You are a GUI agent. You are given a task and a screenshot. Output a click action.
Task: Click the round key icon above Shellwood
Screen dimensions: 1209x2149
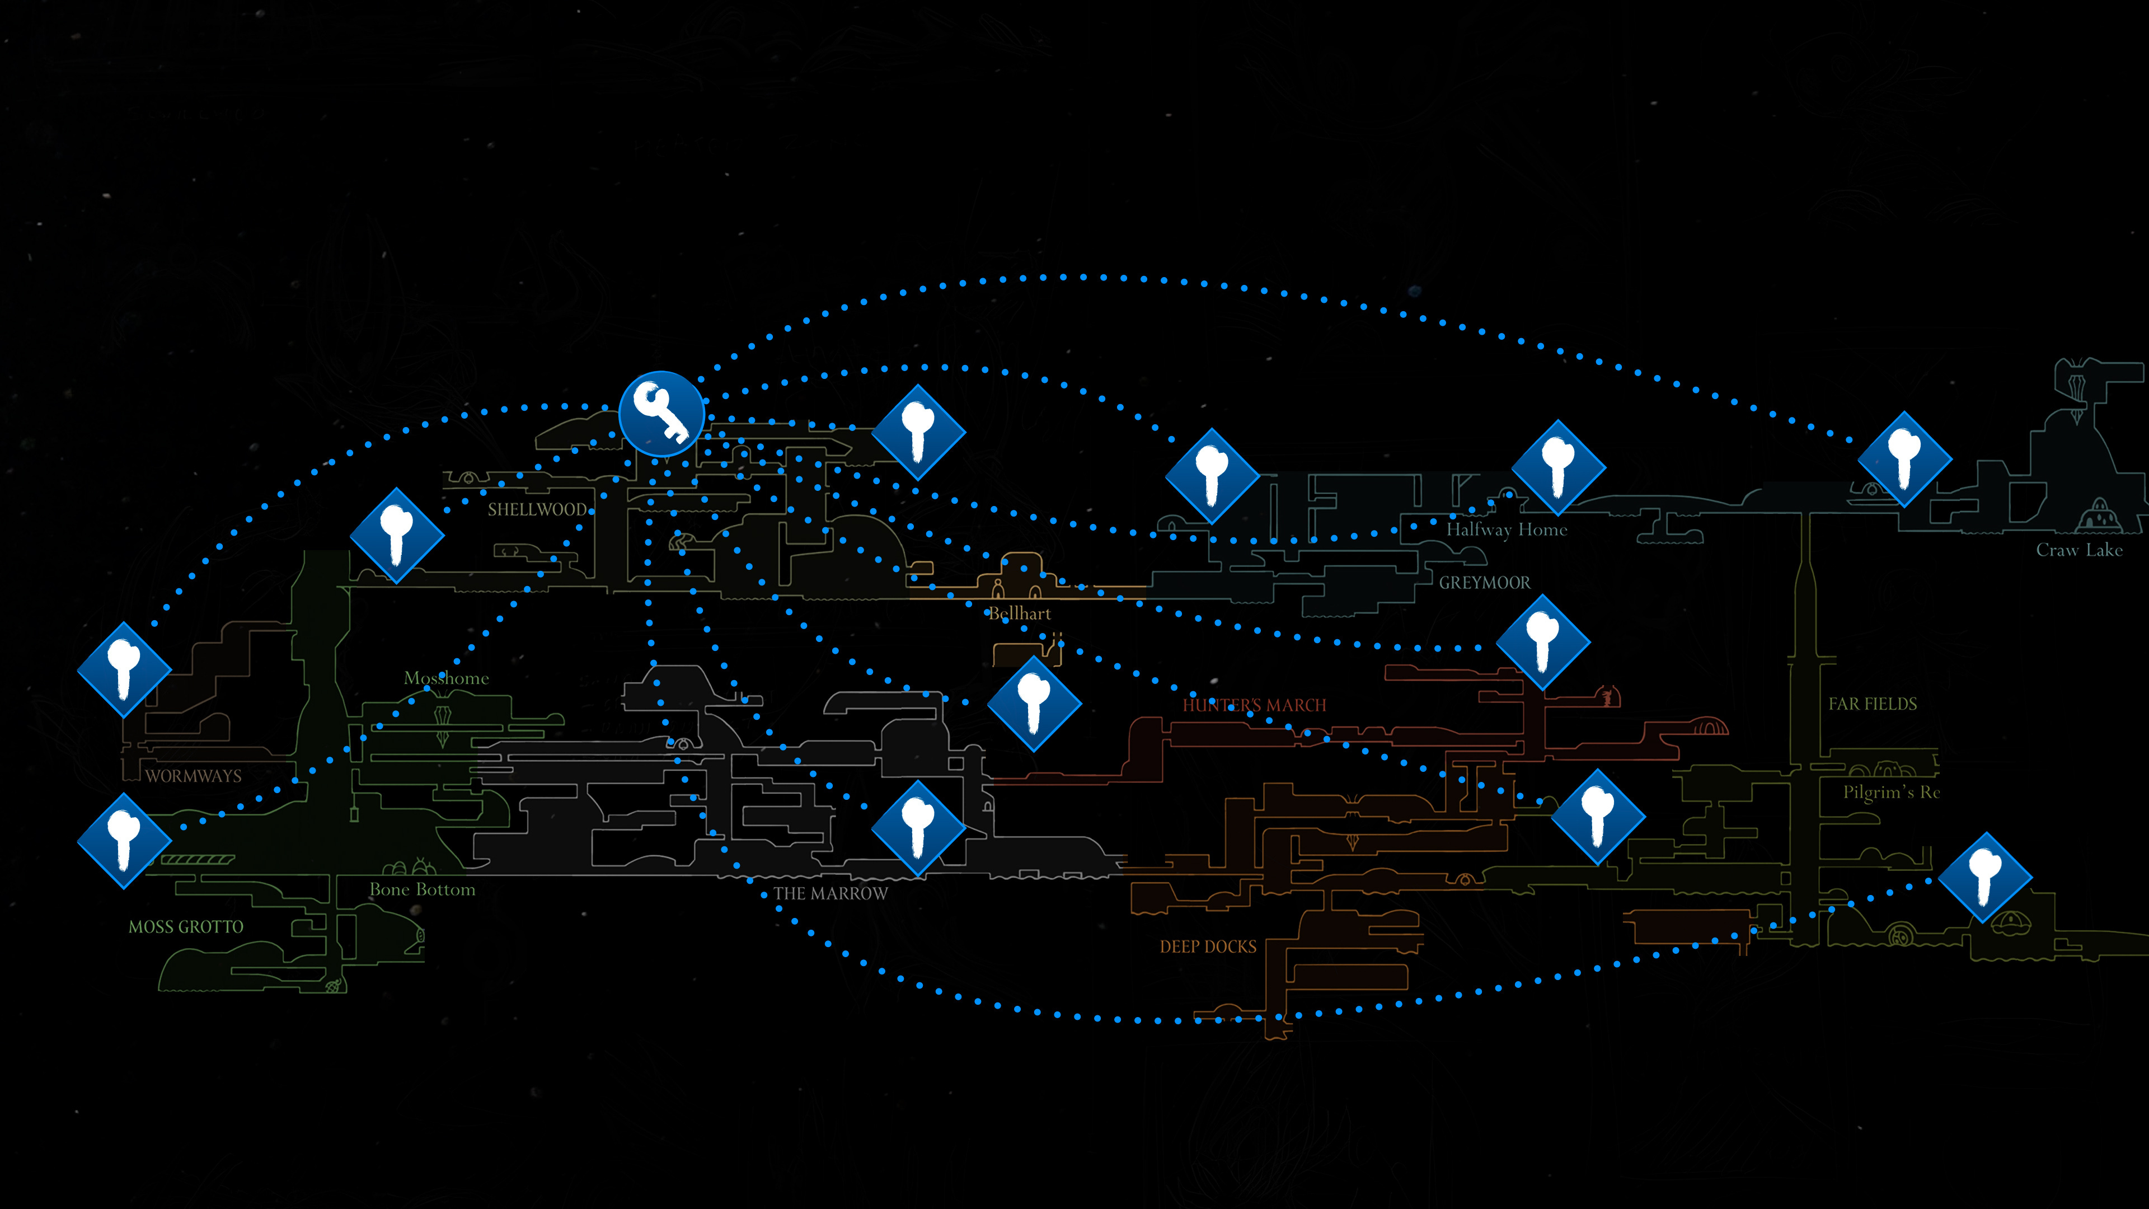(x=661, y=413)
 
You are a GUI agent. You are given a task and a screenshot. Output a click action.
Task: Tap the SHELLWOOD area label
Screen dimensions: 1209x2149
(x=537, y=510)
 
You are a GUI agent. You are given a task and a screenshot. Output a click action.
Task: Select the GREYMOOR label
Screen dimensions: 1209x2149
(x=1484, y=582)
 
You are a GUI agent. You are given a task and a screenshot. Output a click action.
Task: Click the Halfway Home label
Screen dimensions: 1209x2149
(x=1506, y=530)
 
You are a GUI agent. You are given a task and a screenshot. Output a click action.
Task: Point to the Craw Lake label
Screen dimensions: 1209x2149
(x=2079, y=550)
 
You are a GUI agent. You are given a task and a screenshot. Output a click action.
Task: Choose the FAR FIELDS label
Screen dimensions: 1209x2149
(x=1872, y=704)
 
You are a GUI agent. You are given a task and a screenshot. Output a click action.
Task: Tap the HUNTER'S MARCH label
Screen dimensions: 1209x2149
(x=1254, y=705)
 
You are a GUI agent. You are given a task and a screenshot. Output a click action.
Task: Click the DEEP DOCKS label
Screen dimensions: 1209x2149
(x=1207, y=946)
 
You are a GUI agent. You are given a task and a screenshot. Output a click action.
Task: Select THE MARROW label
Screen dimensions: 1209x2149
(x=830, y=894)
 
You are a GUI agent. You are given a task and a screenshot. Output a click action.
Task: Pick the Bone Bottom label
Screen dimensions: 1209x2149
(x=422, y=889)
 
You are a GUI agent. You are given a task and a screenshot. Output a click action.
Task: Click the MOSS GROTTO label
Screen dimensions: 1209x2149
(x=186, y=927)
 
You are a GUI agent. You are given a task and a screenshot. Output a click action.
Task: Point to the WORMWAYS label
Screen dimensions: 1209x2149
(x=194, y=776)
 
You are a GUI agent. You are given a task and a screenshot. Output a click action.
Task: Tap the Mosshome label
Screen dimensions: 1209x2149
(x=447, y=678)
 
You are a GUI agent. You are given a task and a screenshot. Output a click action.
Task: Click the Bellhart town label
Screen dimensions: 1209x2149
(x=1020, y=613)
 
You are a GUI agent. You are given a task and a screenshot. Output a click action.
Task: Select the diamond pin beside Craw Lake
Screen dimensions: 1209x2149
(x=1904, y=459)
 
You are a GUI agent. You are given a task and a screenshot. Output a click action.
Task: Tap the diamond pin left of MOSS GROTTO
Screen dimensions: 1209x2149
(x=124, y=840)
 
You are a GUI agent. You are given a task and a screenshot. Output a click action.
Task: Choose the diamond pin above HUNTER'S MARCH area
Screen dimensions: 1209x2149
(x=1542, y=641)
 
